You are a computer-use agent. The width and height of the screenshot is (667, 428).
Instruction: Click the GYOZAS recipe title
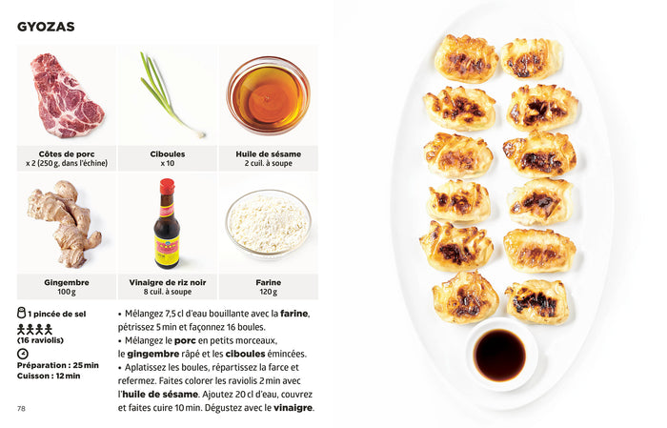(46, 27)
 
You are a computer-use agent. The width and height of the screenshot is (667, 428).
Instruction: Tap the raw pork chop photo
(67, 95)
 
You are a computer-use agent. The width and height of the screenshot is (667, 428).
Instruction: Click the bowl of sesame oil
(269, 95)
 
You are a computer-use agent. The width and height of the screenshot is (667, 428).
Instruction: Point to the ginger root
(65, 223)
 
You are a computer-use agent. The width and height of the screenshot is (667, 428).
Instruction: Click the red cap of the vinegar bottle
(167, 186)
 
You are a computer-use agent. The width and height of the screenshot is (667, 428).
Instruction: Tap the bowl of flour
(269, 223)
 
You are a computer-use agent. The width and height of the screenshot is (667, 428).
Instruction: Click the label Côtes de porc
(67, 154)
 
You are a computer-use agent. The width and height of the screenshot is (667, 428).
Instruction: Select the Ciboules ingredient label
(167, 154)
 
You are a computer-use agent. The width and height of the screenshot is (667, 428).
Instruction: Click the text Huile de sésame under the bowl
(269, 154)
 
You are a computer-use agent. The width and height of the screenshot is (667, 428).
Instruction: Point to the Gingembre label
(67, 282)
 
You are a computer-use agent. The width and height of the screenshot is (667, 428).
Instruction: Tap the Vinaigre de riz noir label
(167, 282)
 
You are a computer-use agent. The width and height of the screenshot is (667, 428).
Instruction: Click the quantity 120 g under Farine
(269, 292)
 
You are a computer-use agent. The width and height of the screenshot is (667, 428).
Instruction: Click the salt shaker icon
(21, 313)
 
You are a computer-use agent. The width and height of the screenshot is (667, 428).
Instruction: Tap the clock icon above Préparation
(22, 354)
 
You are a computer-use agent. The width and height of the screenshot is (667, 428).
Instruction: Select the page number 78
(21, 408)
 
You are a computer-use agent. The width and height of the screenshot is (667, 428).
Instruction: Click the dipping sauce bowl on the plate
(501, 355)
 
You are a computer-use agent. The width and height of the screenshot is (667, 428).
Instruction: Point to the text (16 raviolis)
(40, 340)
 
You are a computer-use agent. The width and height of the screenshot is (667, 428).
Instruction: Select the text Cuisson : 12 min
(49, 377)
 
